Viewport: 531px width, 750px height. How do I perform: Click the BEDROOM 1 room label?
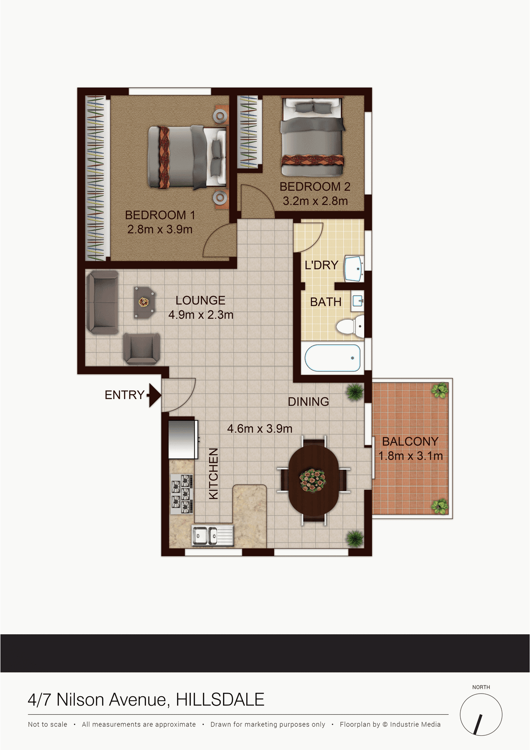[x=160, y=215]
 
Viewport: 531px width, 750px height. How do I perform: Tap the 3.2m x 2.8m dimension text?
[x=315, y=201]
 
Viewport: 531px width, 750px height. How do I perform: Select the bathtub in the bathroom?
[x=333, y=358]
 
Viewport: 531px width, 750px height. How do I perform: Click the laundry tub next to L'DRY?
[x=354, y=269]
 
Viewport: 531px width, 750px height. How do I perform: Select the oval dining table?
[x=313, y=480]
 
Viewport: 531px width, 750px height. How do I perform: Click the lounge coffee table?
[x=143, y=302]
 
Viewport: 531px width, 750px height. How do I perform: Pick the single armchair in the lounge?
[x=141, y=348]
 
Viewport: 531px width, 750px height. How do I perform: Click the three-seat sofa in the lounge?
[x=102, y=303]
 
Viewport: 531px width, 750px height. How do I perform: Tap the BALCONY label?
[x=410, y=442]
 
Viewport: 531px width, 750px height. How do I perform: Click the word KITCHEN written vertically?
[x=214, y=473]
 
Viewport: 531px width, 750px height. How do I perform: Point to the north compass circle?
[x=481, y=715]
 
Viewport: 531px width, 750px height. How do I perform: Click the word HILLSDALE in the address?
[x=220, y=700]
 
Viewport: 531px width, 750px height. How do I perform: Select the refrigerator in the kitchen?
[x=183, y=440]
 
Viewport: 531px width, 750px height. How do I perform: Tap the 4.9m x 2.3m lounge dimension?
[x=201, y=315]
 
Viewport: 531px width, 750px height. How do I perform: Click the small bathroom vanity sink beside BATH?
[x=357, y=301]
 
